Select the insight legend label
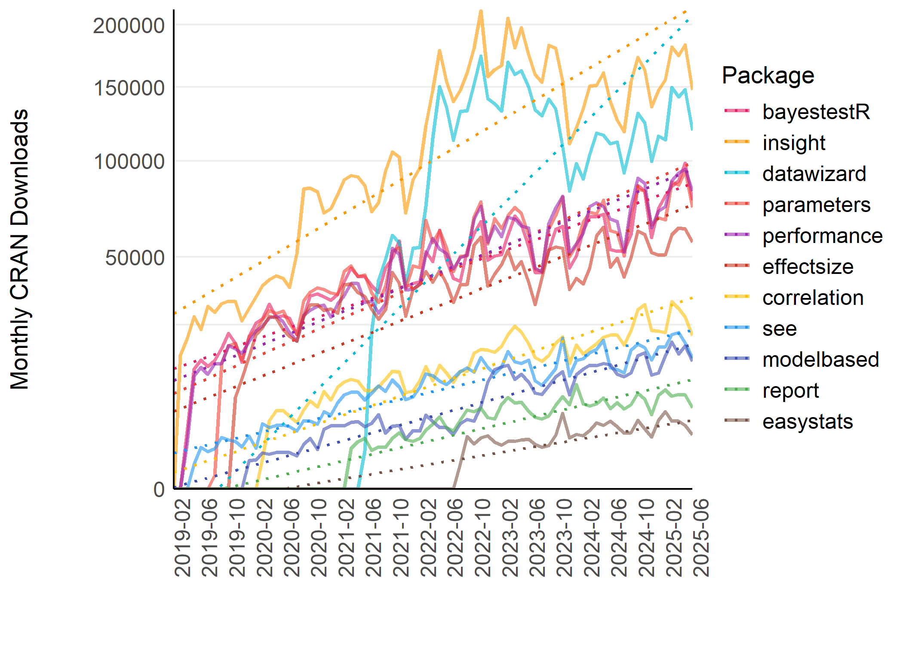point(793,143)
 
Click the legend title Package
point(768,76)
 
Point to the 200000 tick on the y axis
point(129,26)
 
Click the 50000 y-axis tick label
point(135,258)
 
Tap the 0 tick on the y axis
point(159,489)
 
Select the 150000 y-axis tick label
point(129,88)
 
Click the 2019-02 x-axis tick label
point(183,537)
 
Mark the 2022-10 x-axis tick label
point(483,537)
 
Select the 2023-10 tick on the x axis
point(565,537)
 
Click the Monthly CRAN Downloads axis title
point(20,249)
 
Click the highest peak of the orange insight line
point(481,11)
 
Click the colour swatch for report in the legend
point(737,390)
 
